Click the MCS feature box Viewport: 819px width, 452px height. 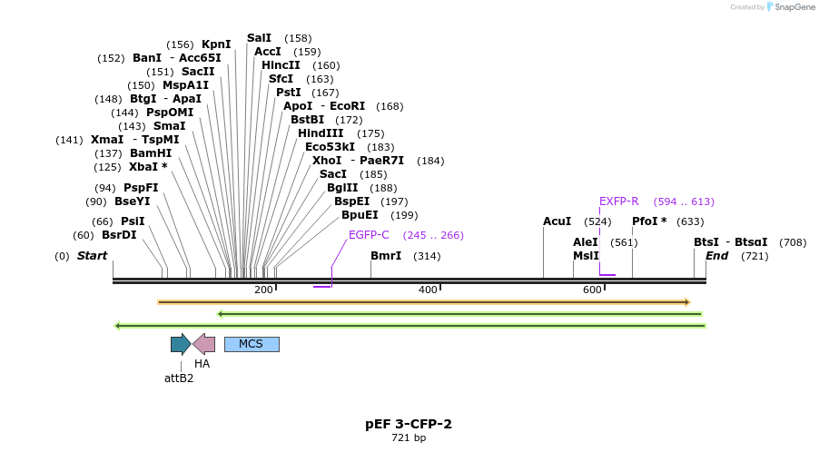pos(252,344)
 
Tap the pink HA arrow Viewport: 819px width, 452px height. pos(204,344)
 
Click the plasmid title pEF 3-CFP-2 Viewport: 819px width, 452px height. pos(409,424)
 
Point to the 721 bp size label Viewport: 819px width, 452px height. pos(409,438)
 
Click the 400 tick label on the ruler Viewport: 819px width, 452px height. pos(428,290)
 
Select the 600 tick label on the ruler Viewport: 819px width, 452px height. pos(592,290)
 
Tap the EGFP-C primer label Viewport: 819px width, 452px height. pos(369,235)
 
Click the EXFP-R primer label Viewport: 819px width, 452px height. pos(619,201)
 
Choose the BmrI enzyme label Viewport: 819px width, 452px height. pos(386,256)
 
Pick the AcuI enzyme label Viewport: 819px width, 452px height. pos(558,221)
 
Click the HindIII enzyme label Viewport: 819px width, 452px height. pos(321,133)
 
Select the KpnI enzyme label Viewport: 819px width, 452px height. pos(216,44)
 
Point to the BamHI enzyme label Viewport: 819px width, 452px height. pos(151,153)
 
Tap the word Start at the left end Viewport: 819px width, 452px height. pos(92,256)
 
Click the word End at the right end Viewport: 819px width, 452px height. pos(717,256)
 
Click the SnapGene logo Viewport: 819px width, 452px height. pos(787,7)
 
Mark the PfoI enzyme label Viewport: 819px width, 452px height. pos(646,221)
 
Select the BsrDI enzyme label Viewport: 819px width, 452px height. pos(119,235)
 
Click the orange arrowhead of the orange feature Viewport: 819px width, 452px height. pos(687,302)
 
